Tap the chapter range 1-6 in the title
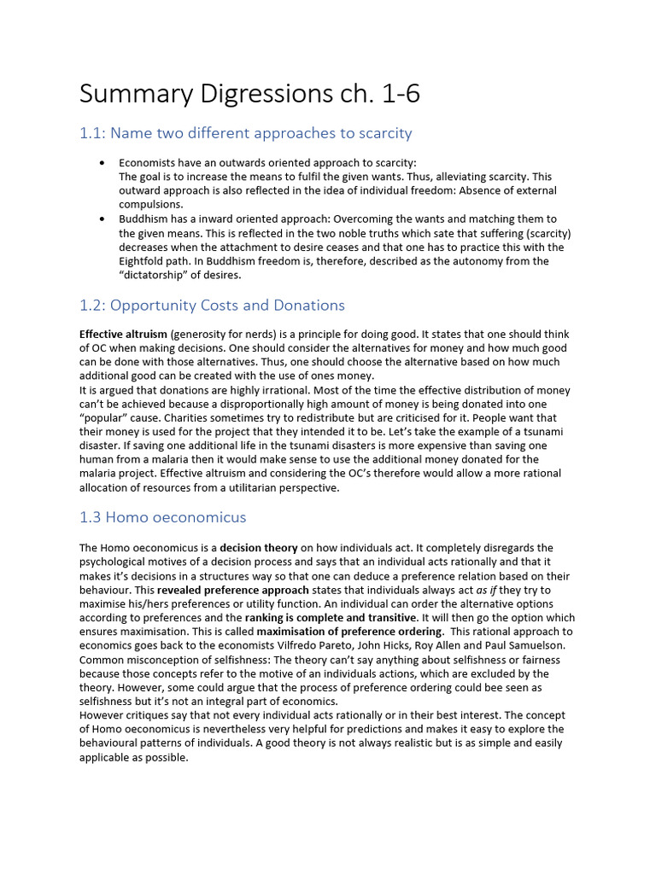[x=394, y=94]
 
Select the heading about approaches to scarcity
[x=246, y=133]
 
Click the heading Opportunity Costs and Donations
[x=212, y=306]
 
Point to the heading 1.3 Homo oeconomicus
[x=162, y=517]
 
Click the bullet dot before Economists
[x=102, y=162]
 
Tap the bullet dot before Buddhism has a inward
[x=102, y=219]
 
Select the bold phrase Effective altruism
[x=123, y=335]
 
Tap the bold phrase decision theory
[x=259, y=548]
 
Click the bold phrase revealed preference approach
[x=232, y=590]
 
